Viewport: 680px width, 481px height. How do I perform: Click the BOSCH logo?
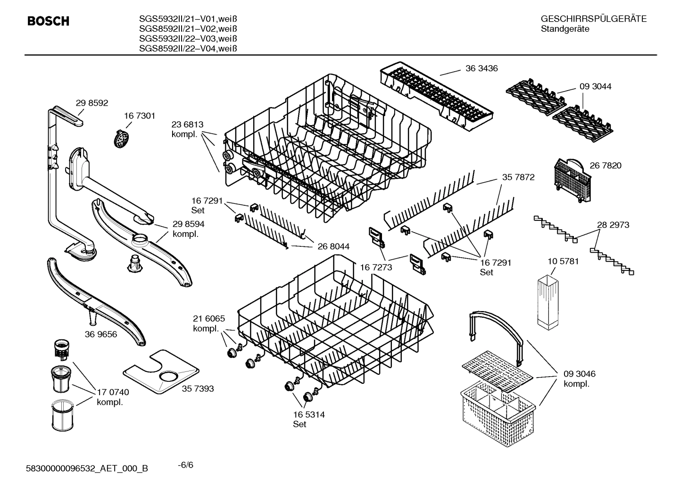(48, 21)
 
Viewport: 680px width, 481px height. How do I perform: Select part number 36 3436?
(481, 68)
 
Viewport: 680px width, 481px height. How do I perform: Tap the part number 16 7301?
(140, 116)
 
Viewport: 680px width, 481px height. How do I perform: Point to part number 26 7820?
(605, 165)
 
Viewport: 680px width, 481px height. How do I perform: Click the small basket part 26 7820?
(569, 175)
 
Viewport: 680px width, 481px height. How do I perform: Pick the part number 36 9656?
(101, 334)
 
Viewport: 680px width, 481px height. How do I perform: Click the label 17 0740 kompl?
(113, 397)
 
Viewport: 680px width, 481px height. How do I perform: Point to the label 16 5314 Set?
(309, 419)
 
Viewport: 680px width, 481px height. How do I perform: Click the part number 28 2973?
(613, 225)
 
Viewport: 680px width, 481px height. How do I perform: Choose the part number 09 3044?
(596, 86)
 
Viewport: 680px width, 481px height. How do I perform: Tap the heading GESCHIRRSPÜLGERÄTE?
(594, 19)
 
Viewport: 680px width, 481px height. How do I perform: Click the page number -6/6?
(185, 465)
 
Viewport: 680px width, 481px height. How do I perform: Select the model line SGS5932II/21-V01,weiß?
(188, 19)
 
